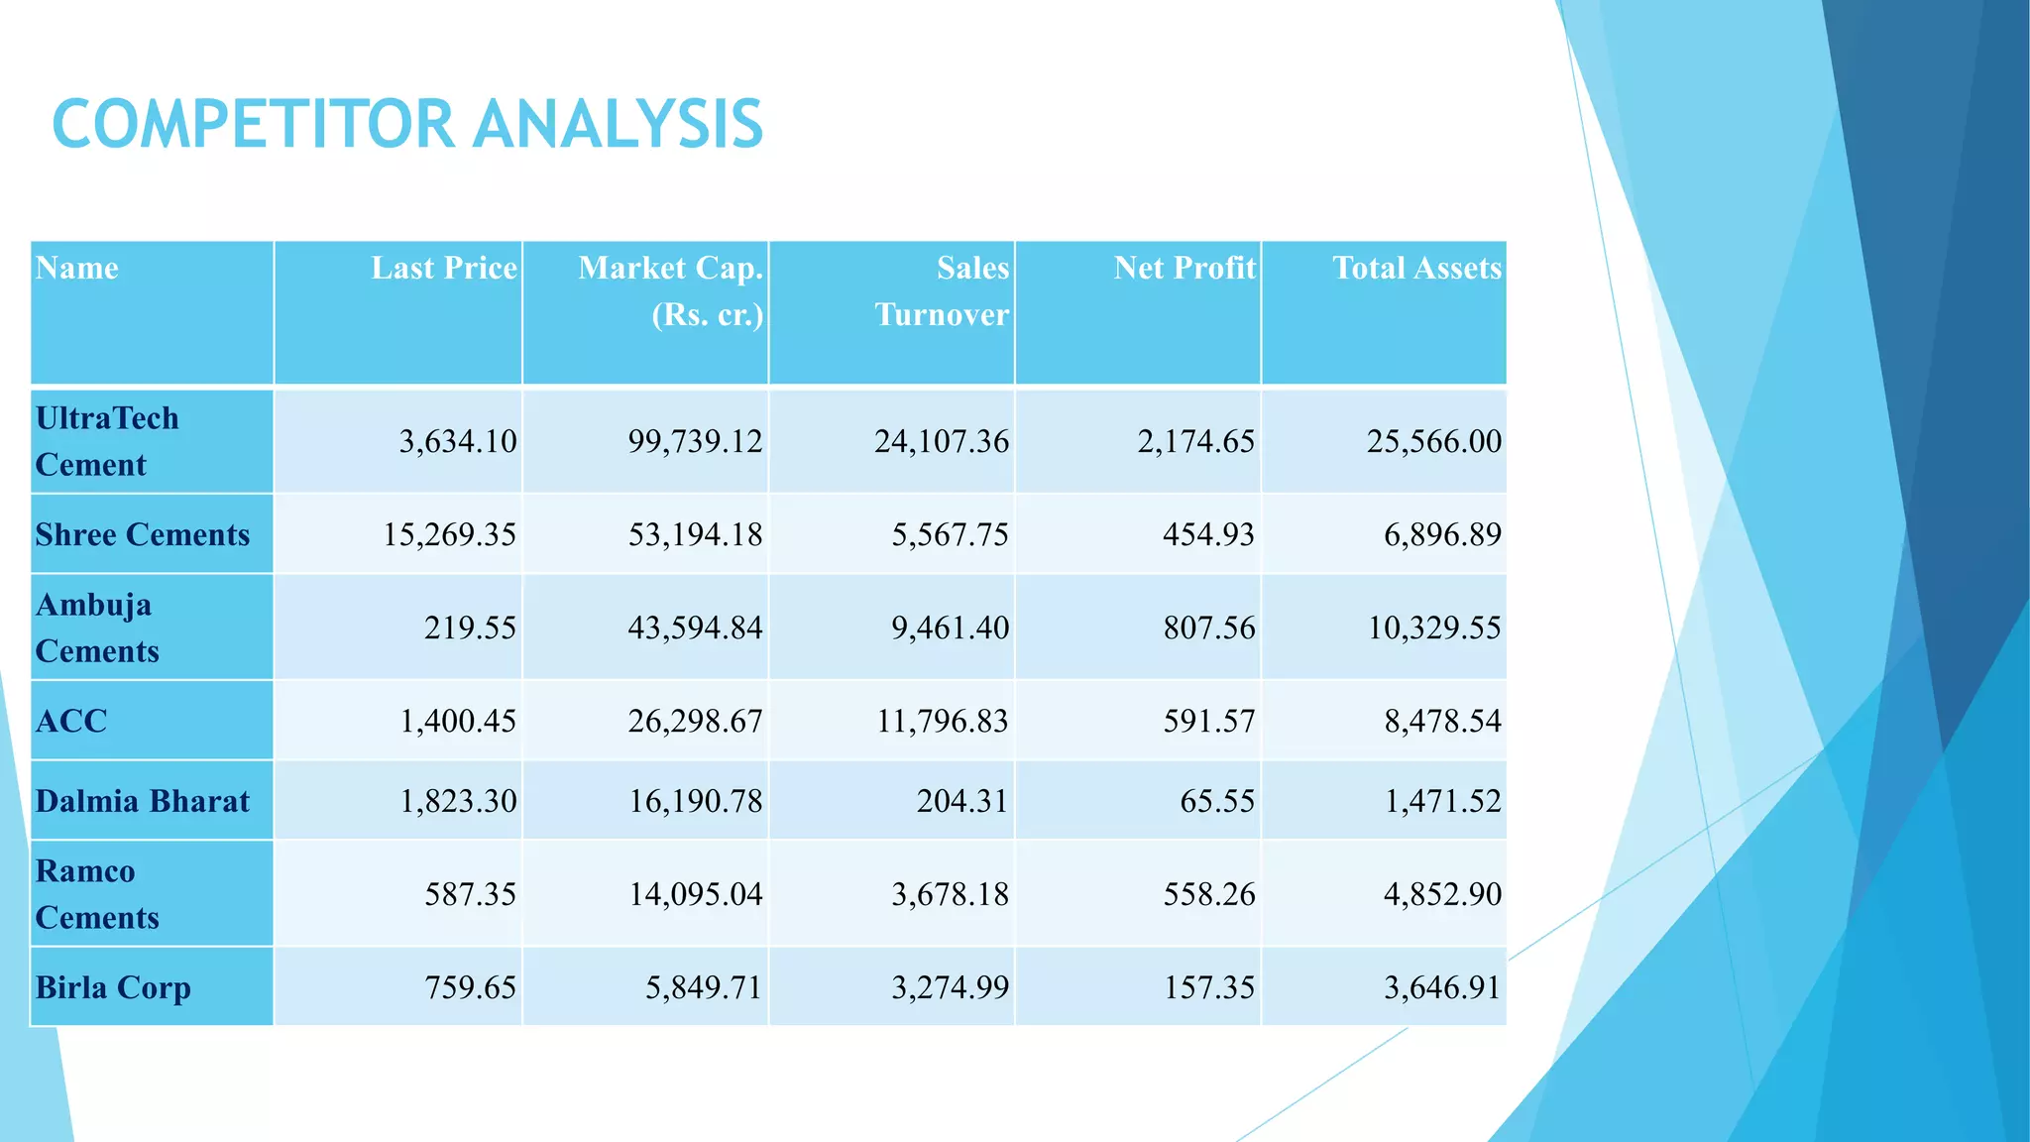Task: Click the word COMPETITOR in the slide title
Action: tap(253, 125)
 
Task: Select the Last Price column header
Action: tap(444, 269)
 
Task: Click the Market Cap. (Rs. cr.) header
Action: tap(671, 291)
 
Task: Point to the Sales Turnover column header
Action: tap(942, 291)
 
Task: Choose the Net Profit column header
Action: tap(1184, 269)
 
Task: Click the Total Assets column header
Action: tap(1416, 269)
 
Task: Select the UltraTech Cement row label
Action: tap(107, 441)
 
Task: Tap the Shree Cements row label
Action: tap(143, 535)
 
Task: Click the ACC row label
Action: tap(71, 721)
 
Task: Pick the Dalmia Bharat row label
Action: tap(143, 801)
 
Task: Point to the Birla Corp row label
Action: tap(113, 987)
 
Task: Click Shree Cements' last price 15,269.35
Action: tap(450, 535)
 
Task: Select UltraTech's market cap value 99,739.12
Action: tap(695, 441)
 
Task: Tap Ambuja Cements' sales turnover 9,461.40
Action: tap(950, 628)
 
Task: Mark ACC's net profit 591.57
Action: tap(1209, 721)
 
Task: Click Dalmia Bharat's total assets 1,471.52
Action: tap(1442, 801)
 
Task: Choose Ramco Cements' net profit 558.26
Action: tap(1209, 894)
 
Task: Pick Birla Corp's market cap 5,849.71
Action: tap(704, 987)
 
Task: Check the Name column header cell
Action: tap(77, 269)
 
